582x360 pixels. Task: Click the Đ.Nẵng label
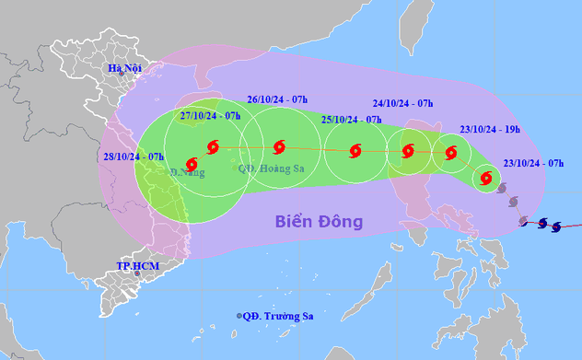[187, 171]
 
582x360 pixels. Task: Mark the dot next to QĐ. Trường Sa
[239, 316]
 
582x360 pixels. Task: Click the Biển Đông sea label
[319, 222]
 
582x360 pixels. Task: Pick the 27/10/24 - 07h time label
[210, 116]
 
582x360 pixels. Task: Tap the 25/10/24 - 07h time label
[351, 120]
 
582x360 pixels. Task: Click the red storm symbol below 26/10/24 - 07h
[280, 145]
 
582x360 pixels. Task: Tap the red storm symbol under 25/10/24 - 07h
[355, 151]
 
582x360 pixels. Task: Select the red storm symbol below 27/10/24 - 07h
[215, 145]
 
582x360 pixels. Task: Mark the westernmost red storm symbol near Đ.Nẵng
[192, 163]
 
